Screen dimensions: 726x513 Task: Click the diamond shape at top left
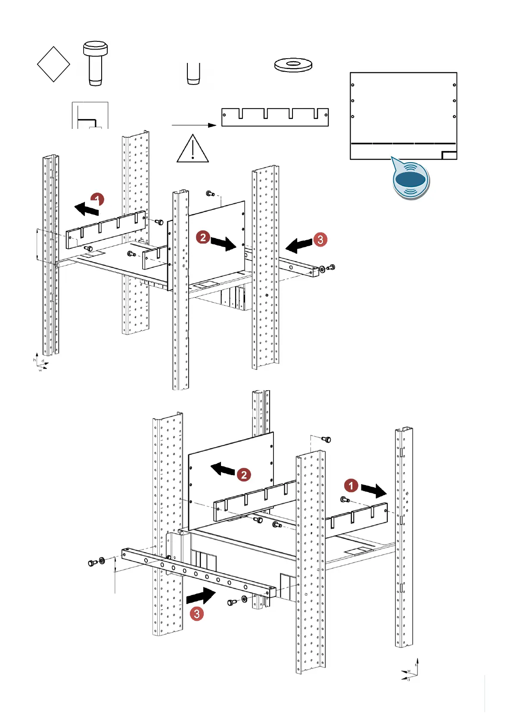(53, 64)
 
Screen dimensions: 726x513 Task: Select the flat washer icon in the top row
(293, 65)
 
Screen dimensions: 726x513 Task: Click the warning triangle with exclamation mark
(193, 149)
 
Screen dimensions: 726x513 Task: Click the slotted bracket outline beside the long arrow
(275, 117)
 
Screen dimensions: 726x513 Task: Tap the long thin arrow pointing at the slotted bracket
(193, 125)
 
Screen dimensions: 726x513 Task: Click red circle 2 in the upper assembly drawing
(203, 237)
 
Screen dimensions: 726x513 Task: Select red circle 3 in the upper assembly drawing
(320, 239)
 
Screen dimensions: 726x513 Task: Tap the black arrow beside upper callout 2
(224, 244)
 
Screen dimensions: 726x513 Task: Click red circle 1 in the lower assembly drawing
(351, 485)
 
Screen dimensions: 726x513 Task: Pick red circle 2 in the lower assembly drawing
(244, 475)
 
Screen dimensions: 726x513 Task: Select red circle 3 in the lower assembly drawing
(197, 613)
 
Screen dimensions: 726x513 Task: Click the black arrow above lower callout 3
(201, 597)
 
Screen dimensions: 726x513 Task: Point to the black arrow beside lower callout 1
(373, 490)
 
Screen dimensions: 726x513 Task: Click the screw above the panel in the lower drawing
(326, 439)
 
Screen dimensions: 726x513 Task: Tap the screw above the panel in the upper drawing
(211, 194)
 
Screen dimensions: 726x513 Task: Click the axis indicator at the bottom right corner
(410, 670)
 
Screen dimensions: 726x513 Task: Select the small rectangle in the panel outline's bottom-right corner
(449, 155)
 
